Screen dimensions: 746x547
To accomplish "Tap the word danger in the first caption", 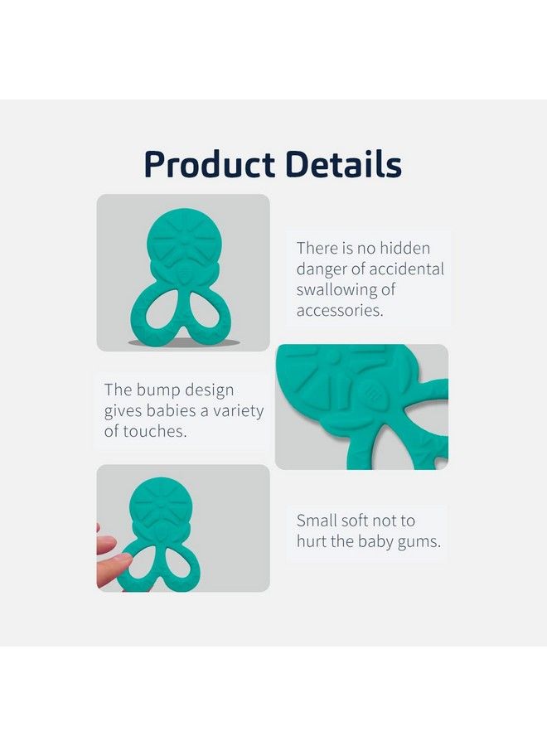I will coord(321,269).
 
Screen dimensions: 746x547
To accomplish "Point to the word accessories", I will coord(340,311).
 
